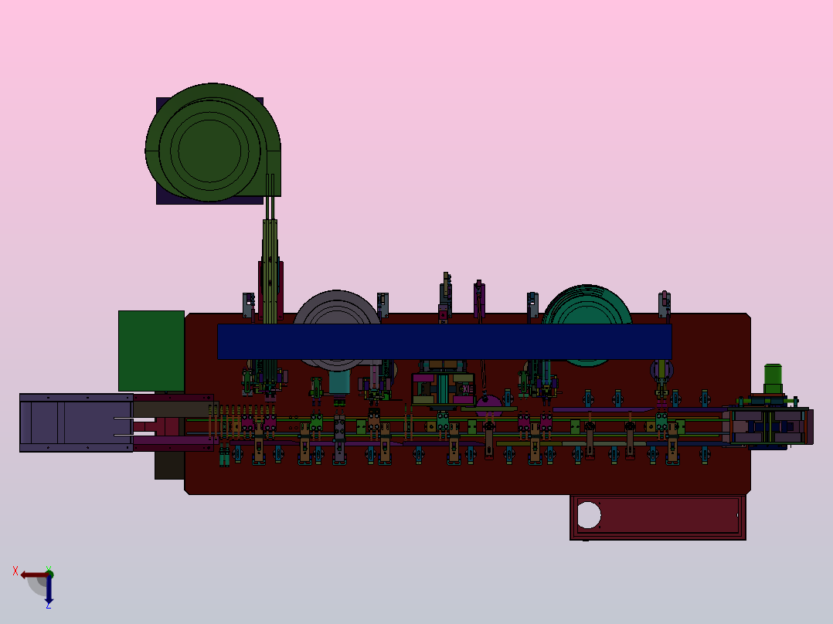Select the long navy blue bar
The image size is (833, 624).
pyautogui.click(x=444, y=341)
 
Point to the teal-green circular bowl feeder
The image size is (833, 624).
pyautogui.click(x=587, y=305)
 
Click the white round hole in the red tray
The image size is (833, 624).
pyautogui.click(x=589, y=515)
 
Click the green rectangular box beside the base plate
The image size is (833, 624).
pyautogui.click(x=151, y=351)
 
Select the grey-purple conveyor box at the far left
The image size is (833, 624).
pyautogui.click(x=76, y=422)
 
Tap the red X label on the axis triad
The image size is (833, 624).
pyautogui.click(x=15, y=571)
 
